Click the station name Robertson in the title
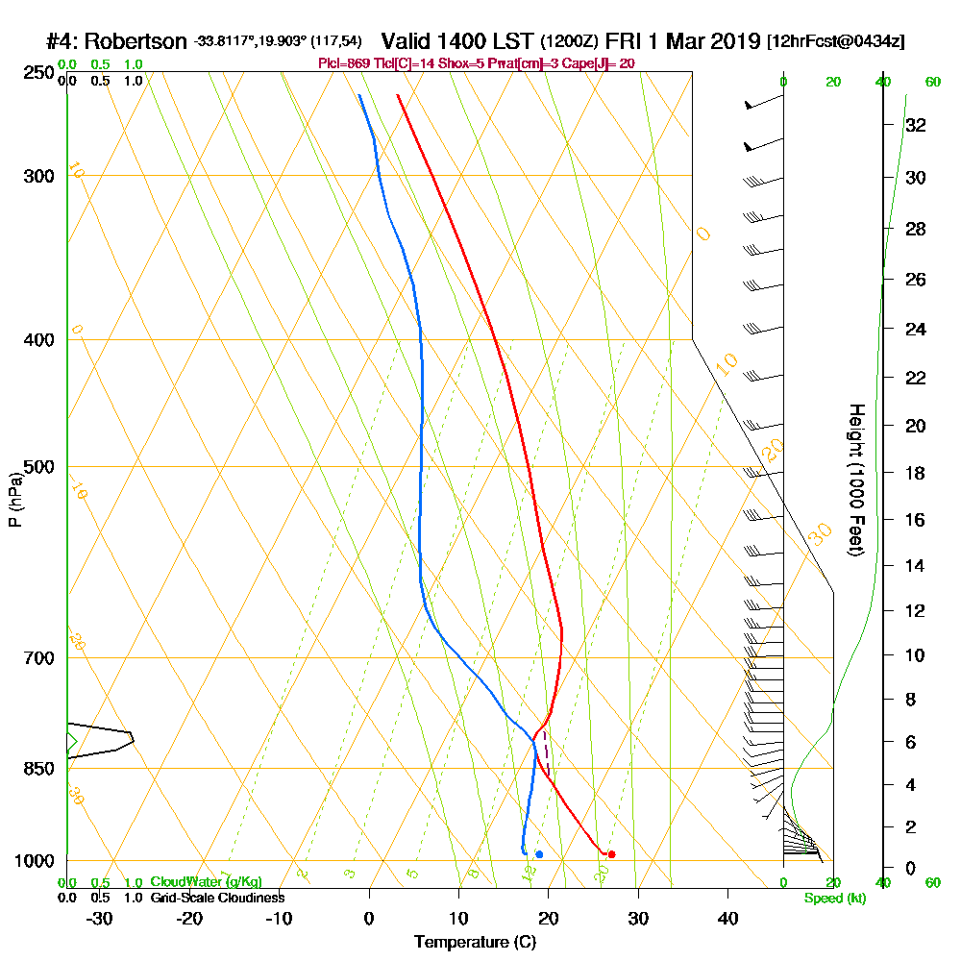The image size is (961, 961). click(136, 42)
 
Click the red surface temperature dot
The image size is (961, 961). click(611, 854)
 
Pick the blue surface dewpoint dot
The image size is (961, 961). click(539, 854)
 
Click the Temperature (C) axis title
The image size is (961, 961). click(475, 942)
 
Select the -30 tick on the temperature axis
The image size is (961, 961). click(100, 918)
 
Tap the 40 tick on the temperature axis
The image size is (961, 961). click(727, 918)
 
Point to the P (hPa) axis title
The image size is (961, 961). click(14, 500)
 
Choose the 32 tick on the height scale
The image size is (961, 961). click(916, 125)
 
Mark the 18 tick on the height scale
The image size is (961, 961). click(916, 473)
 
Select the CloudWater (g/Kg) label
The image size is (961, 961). click(206, 882)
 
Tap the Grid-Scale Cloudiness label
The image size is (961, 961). click(217, 898)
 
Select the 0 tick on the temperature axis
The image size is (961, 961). click(369, 918)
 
